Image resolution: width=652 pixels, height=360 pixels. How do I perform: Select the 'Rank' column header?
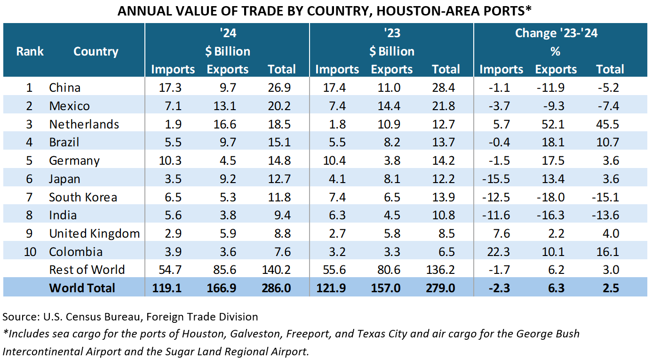tap(30, 51)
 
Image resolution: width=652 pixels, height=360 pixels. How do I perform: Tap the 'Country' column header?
tap(95, 51)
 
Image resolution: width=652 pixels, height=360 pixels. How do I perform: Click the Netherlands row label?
tap(84, 124)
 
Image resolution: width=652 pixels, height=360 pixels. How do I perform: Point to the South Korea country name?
tap(83, 197)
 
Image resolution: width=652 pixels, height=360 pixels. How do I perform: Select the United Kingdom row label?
tap(94, 233)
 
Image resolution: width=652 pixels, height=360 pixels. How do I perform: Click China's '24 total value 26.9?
tap(281, 88)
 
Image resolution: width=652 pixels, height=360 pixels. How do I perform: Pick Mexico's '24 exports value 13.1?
tap(227, 106)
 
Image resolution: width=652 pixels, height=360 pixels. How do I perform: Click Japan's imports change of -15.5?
tap(501, 179)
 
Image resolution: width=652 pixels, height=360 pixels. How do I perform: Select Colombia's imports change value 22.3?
tap(501, 252)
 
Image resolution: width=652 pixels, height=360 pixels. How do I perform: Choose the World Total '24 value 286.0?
tap(281, 288)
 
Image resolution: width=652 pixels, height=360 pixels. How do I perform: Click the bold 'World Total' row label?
tap(82, 288)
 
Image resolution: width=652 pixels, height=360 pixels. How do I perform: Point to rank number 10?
tap(30, 252)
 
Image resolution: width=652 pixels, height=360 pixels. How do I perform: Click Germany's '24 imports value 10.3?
tap(173, 160)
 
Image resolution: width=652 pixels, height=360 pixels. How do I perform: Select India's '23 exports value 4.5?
tap(391, 215)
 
